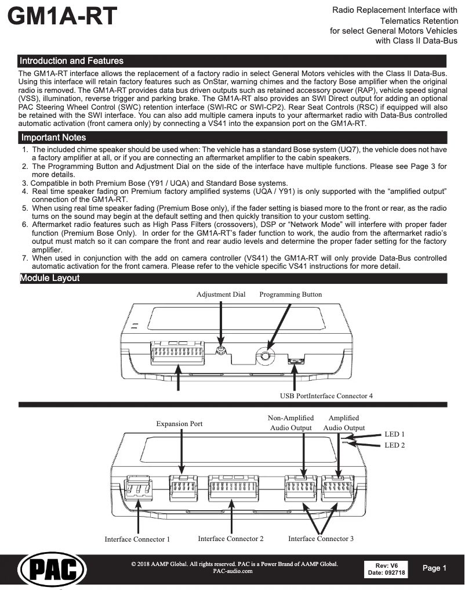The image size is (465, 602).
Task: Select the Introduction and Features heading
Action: click(71, 61)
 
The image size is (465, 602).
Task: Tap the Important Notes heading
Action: click(53, 138)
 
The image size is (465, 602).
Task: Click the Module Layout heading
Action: click(50, 278)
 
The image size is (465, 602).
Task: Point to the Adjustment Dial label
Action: click(221, 294)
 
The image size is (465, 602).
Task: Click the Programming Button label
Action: click(290, 294)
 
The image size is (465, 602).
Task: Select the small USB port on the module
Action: click(296, 361)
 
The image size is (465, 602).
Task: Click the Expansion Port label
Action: click(179, 424)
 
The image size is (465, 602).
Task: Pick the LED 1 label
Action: click(394, 434)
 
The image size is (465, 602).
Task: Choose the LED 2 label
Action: click(394, 445)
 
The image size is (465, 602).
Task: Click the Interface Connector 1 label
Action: click(137, 539)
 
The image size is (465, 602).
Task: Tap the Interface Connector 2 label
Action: click(231, 539)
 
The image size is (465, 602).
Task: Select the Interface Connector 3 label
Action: click(321, 539)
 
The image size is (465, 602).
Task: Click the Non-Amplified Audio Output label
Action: click(291, 423)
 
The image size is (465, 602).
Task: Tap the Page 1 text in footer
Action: click(435, 568)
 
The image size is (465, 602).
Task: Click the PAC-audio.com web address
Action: click(233, 571)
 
